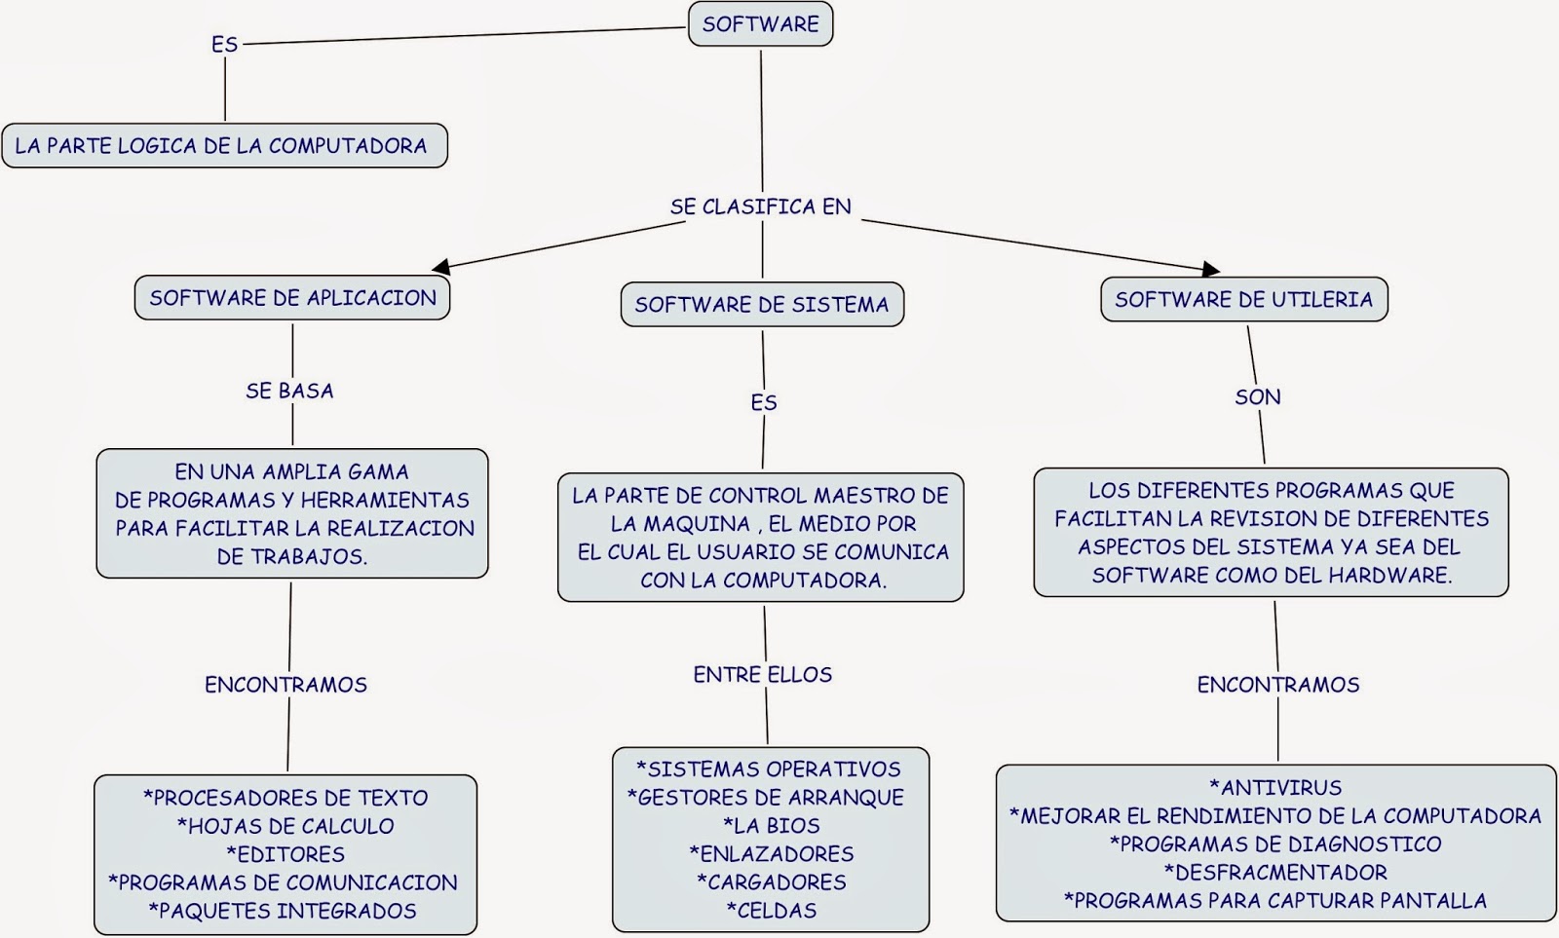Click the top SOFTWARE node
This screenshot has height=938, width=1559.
[x=760, y=24]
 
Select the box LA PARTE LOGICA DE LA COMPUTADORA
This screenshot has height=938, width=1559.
[x=224, y=146]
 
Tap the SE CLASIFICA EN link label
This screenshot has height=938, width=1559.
[x=760, y=206]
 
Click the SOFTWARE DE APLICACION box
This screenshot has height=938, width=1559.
[x=292, y=298]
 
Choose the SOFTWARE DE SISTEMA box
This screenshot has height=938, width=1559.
[x=761, y=305]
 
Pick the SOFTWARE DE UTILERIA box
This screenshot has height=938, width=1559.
[x=1243, y=300]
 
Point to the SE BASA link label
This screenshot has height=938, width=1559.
[x=289, y=391]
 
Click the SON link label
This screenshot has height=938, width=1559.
[x=1257, y=397]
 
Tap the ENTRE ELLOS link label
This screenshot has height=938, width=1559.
[x=762, y=675]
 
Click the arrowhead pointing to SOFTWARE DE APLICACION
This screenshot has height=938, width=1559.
[x=441, y=266]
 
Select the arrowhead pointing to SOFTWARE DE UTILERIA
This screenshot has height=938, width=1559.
[x=1210, y=269]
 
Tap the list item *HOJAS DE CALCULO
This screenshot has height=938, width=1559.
[x=285, y=826]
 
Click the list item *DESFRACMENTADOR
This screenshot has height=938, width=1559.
[x=1275, y=873]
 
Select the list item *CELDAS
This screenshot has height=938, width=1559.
[x=771, y=911]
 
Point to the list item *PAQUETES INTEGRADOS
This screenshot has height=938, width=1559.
[x=283, y=911]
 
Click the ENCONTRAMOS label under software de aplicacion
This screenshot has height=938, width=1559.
[x=285, y=685]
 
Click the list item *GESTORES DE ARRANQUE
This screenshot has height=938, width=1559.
[x=766, y=798]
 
